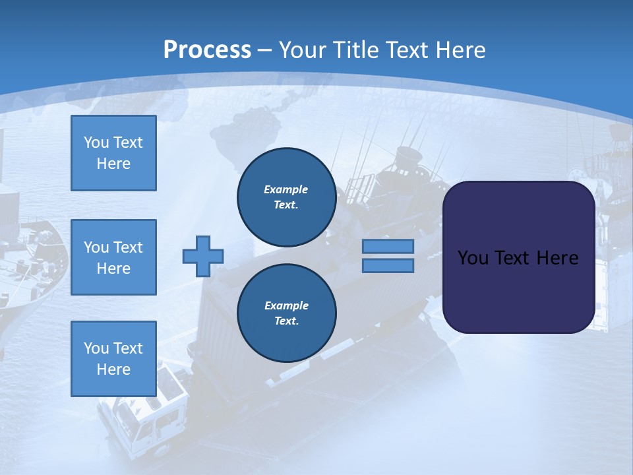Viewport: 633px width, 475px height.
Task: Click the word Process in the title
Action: click(x=207, y=50)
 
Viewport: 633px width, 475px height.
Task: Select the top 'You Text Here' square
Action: click(x=113, y=153)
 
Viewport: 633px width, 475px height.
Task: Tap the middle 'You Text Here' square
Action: click(x=113, y=257)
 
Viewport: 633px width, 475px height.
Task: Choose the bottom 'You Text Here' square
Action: click(x=113, y=359)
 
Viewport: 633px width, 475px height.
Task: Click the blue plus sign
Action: click(x=203, y=256)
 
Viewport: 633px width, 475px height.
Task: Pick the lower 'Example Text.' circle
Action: click(x=286, y=313)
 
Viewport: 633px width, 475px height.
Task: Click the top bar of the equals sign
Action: click(x=388, y=246)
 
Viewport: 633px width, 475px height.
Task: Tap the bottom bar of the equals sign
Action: click(x=388, y=265)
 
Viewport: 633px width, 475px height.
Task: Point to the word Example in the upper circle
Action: click(x=286, y=189)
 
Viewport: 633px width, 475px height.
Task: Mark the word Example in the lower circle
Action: click(x=286, y=305)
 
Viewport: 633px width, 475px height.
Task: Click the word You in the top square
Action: click(x=96, y=142)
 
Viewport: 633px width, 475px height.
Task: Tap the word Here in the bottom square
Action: click(x=113, y=369)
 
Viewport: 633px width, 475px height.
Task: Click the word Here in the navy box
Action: click(x=557, y=258)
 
